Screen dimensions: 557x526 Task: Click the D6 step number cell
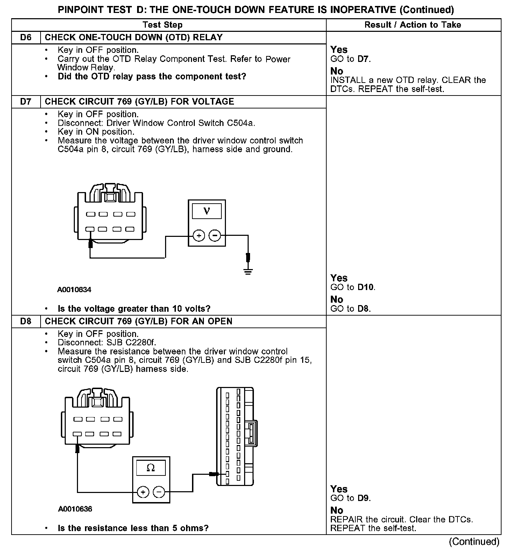click(x=26, y=37)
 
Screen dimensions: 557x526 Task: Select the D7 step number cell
click(x=26, y=101)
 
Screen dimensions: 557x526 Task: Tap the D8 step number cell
click(x=26, y=321)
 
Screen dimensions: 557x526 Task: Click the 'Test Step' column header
click(x=163, y=25)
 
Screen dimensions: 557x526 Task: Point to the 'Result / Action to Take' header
click(x=413, y=25)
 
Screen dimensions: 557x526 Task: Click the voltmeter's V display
click(x=207, y=211)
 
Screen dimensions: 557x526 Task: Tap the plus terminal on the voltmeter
click(x=199, y=236)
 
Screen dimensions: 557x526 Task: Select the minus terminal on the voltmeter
click(x=215, y=236)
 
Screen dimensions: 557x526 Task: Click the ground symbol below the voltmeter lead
click(x=248, y=271)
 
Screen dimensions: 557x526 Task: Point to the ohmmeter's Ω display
click(x=151, y=468)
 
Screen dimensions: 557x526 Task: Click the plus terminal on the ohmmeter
click(x=143, y=492)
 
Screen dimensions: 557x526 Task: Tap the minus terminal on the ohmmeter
click(x=159, y=492)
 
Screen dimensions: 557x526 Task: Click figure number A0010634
click(x=74, y=290)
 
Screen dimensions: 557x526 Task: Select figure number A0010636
click(x=75, y=509)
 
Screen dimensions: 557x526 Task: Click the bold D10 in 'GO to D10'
click(x=365, y=288)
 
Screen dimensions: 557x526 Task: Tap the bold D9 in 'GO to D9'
click(x=363, y=498)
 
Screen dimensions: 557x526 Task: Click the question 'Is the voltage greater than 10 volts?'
click(x=134, y=309)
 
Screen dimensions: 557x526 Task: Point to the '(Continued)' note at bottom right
click(x=474, y=542)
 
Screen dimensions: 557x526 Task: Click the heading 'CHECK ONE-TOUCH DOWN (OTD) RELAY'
click(x=134, y=37)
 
